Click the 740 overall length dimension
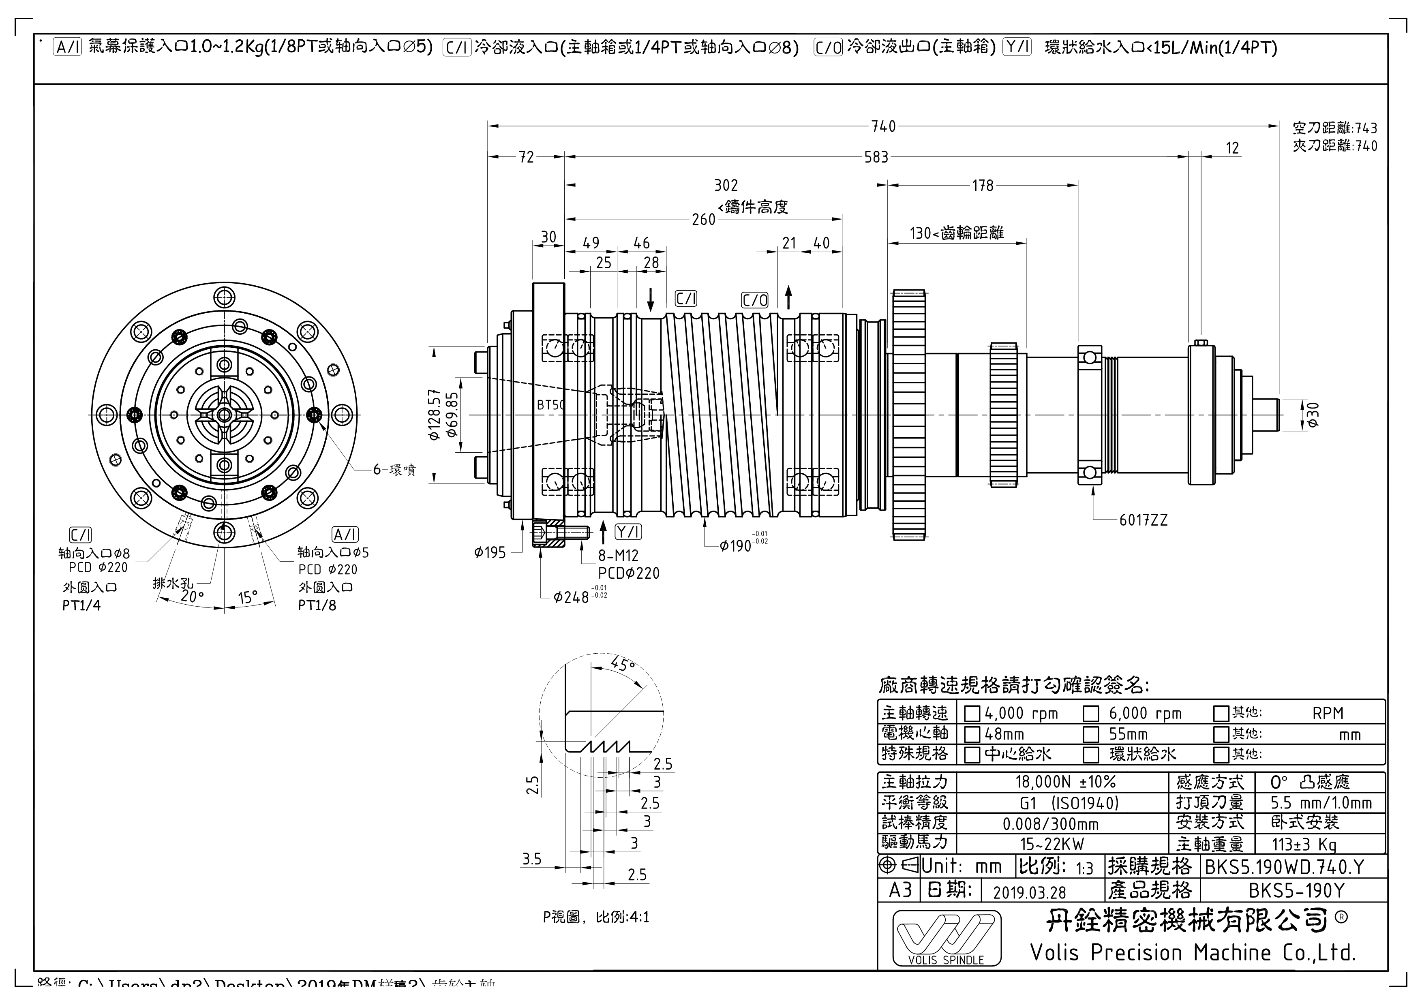tap(883, 126)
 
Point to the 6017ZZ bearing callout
tap(1143, 521)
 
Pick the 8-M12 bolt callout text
tap(618, 556)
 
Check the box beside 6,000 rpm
tap(1091, 714)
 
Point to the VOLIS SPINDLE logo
tap(946, 937)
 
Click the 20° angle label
tap(192, 596)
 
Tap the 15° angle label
tap(248, 598)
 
